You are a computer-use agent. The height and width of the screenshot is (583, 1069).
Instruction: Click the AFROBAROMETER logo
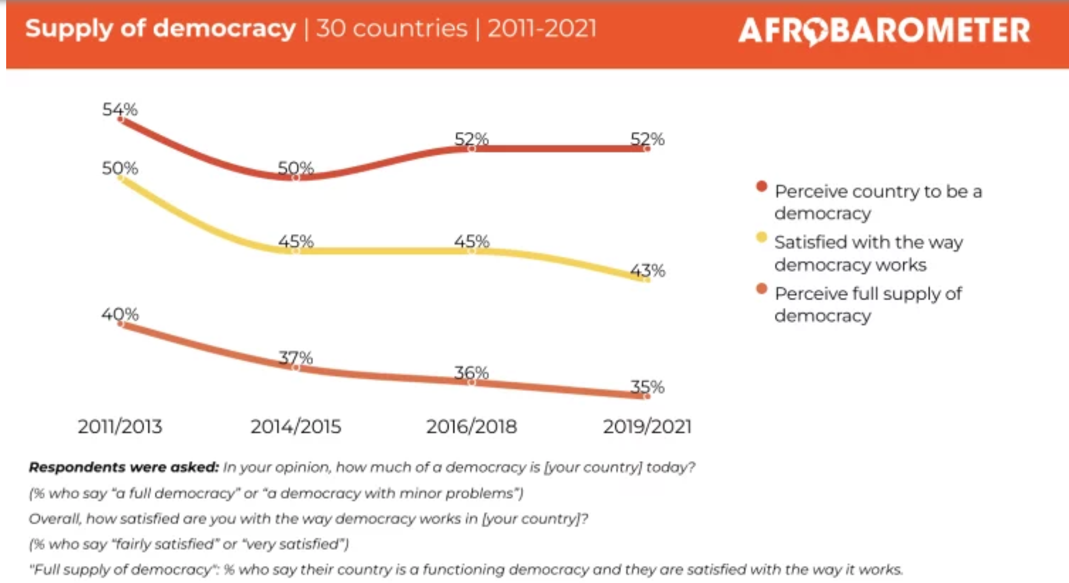884,30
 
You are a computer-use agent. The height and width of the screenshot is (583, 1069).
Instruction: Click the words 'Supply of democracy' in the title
160,28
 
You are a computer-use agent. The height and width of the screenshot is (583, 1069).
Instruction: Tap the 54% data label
120,109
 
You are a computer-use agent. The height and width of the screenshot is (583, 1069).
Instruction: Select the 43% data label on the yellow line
648,270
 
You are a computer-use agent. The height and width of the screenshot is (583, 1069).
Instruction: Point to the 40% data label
120,314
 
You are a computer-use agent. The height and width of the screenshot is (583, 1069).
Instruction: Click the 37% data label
296,357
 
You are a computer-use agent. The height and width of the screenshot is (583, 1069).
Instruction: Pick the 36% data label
471,373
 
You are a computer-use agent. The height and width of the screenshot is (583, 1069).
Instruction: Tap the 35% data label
647,387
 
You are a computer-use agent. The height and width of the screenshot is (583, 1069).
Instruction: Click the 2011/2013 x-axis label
120,426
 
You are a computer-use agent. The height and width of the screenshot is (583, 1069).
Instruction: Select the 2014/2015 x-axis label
296,426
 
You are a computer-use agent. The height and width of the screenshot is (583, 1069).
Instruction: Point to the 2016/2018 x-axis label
471,426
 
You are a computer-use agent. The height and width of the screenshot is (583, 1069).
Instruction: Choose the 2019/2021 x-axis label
647,426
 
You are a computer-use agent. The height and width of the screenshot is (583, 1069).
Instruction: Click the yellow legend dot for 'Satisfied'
762,237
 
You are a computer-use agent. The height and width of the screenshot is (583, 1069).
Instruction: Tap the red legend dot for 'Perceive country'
762,186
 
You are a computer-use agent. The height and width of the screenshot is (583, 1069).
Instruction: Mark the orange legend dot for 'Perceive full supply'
762,288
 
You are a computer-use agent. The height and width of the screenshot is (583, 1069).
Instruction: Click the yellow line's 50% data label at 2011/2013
120,168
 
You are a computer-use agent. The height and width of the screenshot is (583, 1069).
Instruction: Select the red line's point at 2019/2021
647,148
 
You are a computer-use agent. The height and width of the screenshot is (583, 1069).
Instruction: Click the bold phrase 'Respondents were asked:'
124,467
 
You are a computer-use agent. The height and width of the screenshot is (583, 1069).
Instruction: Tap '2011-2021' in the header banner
542,28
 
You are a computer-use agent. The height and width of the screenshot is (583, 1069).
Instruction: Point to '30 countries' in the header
392,28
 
